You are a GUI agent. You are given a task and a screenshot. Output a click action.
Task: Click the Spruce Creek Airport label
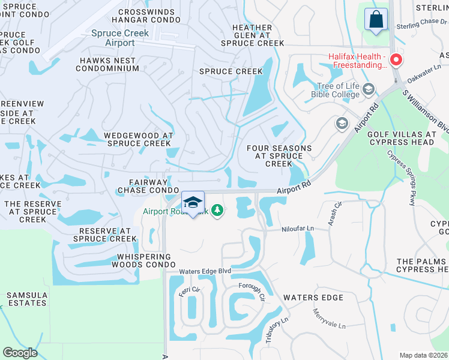coord(120,38)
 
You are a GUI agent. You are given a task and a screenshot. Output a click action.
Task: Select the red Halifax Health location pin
coord(396,60)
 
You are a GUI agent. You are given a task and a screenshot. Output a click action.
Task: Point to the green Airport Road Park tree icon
coord(218,211)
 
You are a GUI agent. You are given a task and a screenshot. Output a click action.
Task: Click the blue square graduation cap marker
coord(193,203)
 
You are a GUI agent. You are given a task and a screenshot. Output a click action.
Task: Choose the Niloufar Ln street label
coord(298,229)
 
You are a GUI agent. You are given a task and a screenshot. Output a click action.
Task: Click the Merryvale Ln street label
coord(329,319)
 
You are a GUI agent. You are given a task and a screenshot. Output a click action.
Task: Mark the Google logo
coord(20,352)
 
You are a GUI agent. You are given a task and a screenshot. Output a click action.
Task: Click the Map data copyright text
coord(423,355)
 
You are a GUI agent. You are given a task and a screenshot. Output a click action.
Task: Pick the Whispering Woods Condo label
coord(143,261)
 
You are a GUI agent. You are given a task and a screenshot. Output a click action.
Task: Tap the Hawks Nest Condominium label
coord(108,64)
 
